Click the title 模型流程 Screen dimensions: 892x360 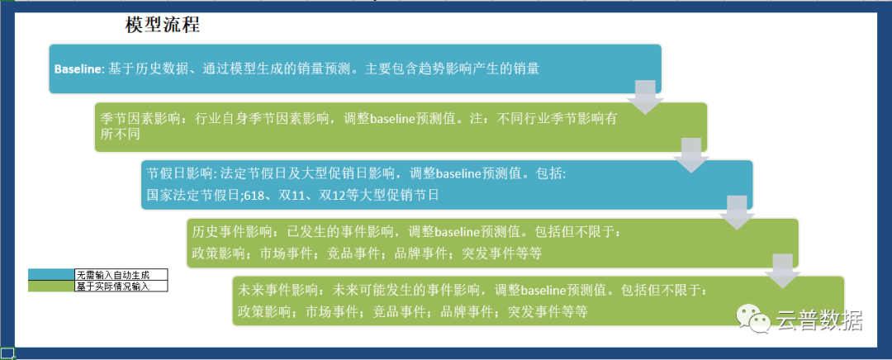[x=163, y=25]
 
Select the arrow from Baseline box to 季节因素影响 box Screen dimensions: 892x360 [x=645, y=97]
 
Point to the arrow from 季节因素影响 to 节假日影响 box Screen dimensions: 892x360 [x=691, y=154]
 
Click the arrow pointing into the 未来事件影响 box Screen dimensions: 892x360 [x=783, y=271]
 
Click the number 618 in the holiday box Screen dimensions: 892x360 [x=254, y=195]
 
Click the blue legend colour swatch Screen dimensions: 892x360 [x=51, y=275]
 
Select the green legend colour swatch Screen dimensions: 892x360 [x=51, y=286]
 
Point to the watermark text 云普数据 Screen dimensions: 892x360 [x=820, y=320]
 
